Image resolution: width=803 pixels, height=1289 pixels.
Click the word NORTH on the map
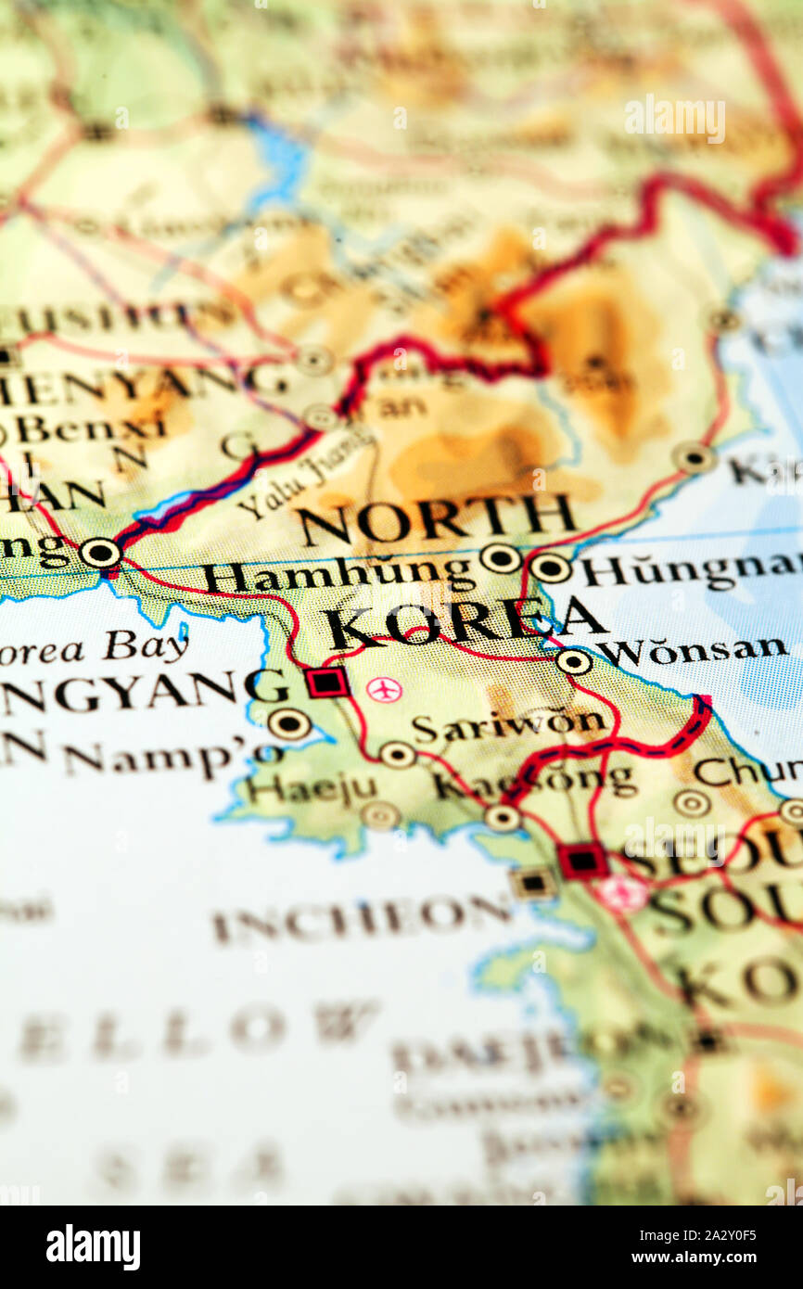pos(436,521)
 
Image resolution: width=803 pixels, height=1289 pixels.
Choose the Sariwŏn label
pos(509,726)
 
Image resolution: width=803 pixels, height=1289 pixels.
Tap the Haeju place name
pos(311,789)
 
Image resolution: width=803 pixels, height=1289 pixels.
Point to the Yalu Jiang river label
pos(306,482)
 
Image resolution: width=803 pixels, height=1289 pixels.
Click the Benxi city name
pos(90,428)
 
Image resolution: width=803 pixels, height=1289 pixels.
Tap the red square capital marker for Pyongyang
pos(327,683)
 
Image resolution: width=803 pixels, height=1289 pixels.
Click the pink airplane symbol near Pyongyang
pos(383,690)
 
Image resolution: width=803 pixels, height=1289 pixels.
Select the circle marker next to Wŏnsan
pos(574,661)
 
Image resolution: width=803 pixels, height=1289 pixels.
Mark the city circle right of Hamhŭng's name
pos(500,557)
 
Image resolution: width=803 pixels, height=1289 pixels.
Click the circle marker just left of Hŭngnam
pos(550,568)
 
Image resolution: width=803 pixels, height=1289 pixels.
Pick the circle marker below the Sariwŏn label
pos(398,754)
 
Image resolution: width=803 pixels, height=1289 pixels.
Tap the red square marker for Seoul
pos(582,861)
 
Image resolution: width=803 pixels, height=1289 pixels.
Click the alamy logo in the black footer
pos(93,1247)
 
